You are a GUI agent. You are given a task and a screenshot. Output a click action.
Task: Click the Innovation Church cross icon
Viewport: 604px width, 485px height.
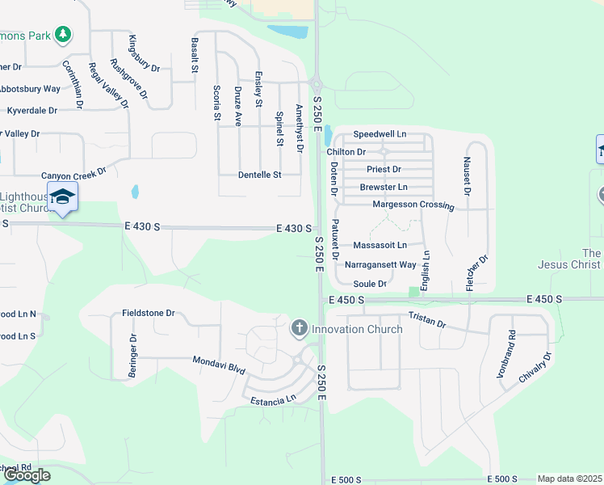click(x=299, y=328)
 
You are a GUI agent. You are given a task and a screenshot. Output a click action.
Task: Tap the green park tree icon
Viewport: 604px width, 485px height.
click(x=62, y=35)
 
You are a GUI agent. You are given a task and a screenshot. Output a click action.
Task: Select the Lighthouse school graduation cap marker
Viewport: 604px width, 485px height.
click(x=62, y=196)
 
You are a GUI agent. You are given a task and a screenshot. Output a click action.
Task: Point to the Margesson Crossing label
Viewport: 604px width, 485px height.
click(x=413, y=205)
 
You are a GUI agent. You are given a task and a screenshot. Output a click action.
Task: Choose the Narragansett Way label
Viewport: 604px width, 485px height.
click(x=380, y=264)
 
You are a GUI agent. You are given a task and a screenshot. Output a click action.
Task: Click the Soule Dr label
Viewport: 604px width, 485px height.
click(x=371, y=284)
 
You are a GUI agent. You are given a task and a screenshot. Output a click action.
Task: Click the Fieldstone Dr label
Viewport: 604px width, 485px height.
click(x=148, y=312)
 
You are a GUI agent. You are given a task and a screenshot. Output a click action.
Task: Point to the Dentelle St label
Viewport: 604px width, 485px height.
click(x=259, y=175)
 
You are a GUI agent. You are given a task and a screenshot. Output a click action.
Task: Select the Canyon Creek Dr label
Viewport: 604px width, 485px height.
click(x=74, y=174)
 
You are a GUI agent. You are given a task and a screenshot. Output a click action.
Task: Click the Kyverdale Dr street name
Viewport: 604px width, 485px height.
click(x=31, y=110)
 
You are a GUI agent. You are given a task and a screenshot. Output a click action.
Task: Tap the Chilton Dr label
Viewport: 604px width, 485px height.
click(x=346, y=152)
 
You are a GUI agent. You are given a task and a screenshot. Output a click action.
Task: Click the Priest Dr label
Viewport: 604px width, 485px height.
click(x=384, y=169)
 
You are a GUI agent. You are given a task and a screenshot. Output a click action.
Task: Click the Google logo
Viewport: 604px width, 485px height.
click(x=26, y=475)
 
